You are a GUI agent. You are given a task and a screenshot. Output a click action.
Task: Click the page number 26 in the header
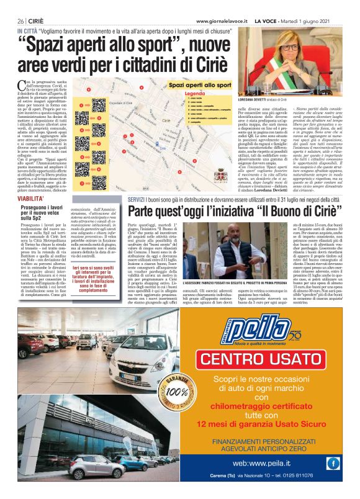coord(20,21)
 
